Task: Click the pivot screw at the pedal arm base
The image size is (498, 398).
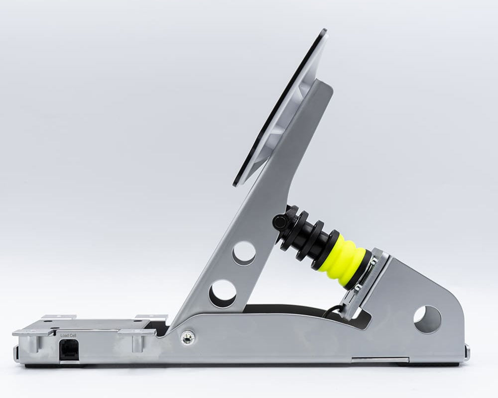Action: coord(188,337)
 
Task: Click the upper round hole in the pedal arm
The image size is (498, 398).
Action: coord(244,253)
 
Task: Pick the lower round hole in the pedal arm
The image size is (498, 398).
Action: coord(223,293)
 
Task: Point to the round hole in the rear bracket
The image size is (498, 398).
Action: coord(427,319)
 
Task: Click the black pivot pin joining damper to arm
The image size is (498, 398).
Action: coord(280,222)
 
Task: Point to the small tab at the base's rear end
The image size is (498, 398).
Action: coord(467,353)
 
